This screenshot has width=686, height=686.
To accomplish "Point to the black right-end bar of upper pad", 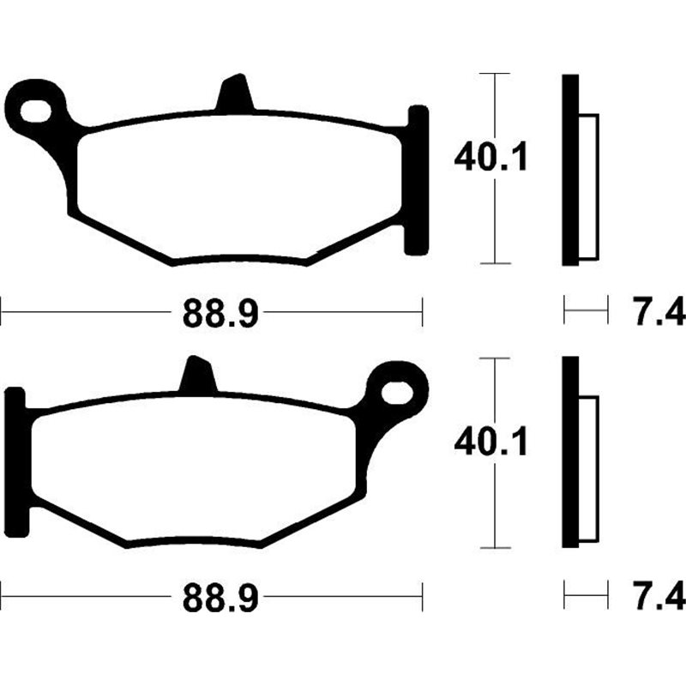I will [x=416, y=180].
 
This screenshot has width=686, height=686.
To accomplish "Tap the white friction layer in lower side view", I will [x=589, y=470].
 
